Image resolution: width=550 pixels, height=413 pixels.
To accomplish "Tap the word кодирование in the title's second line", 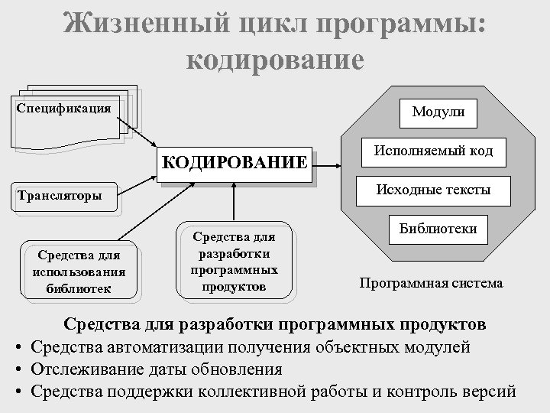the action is (275, 60).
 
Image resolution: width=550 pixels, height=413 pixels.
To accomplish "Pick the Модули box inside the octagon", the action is (443, 112).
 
